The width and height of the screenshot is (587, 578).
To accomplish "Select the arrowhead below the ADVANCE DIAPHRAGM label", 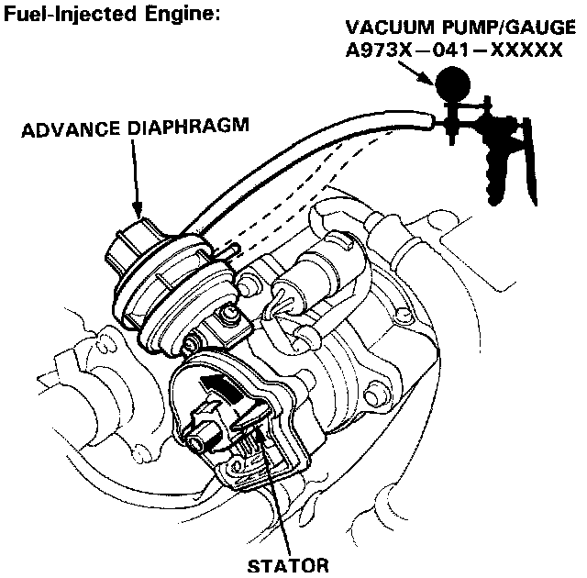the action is tap(138, 212).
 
